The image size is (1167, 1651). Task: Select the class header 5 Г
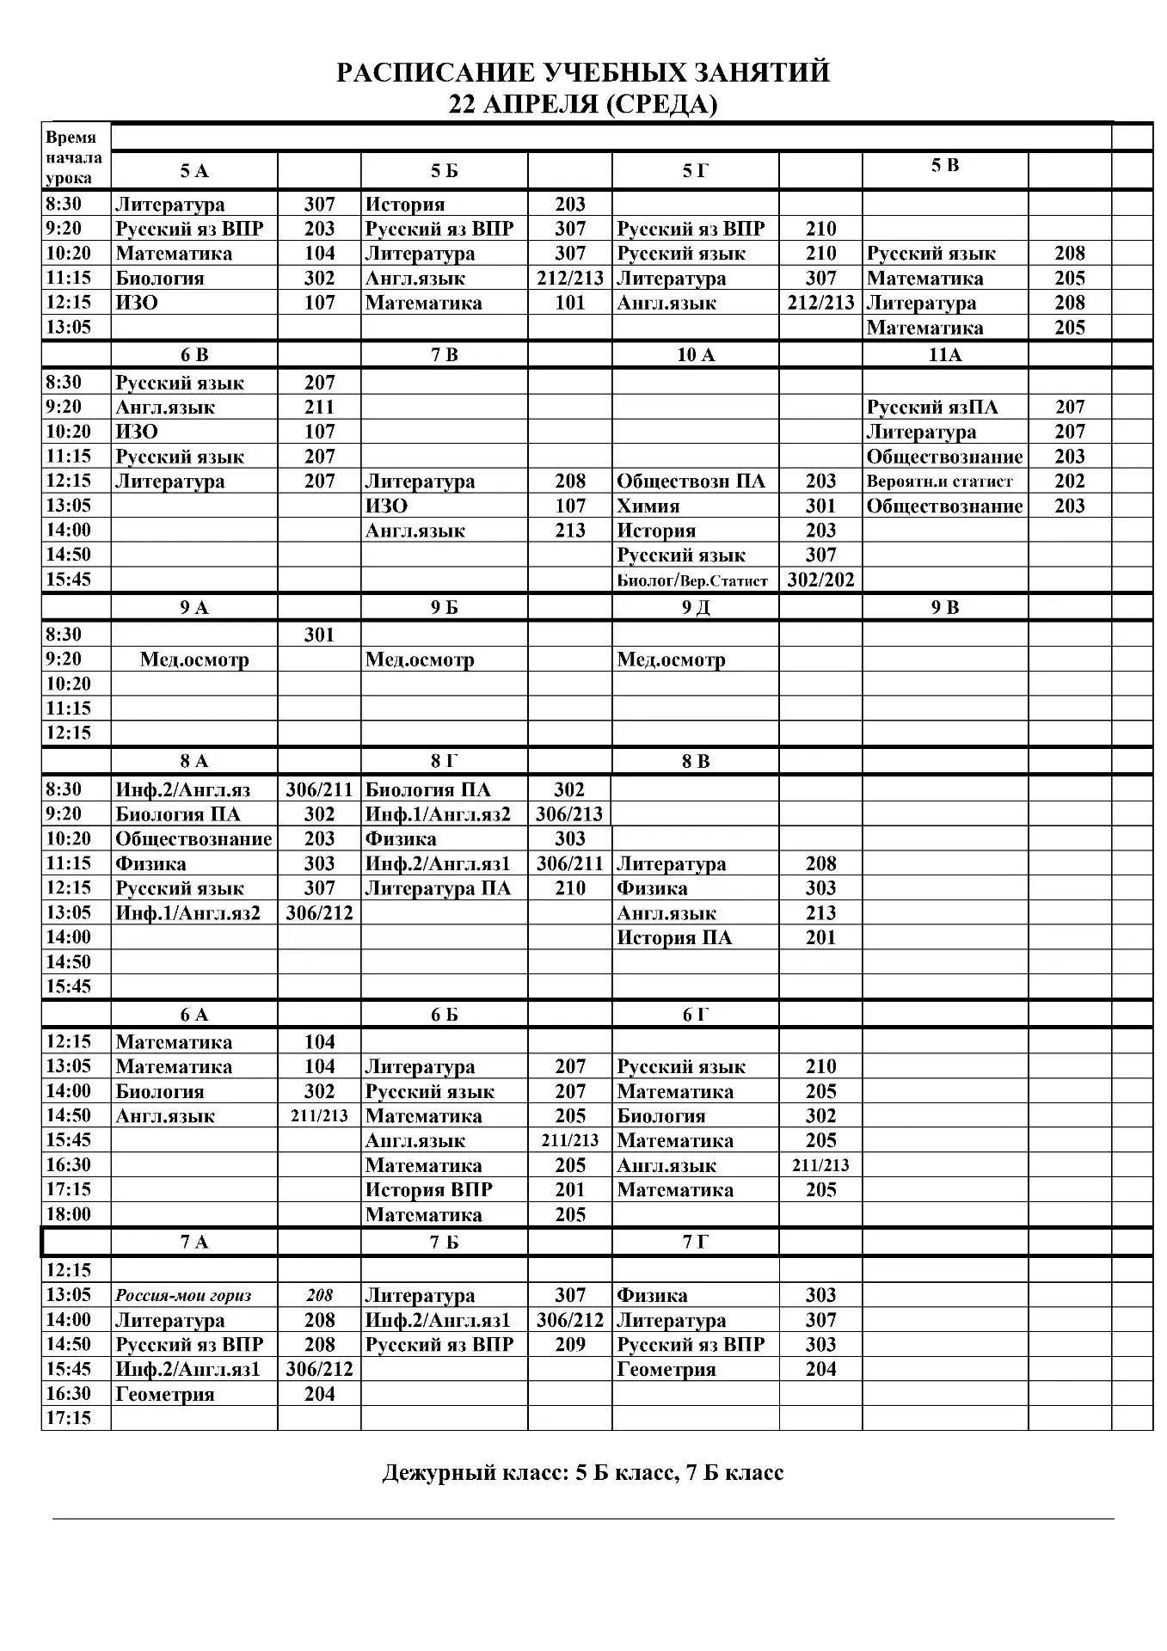pos(695,171)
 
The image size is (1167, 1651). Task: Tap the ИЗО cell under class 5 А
pos(137,303)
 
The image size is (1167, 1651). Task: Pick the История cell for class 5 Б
pos(405,205)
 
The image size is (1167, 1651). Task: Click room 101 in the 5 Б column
pos(569,303)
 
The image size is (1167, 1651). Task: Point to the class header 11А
pos(944,355)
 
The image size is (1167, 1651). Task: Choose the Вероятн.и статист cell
pos(939,482)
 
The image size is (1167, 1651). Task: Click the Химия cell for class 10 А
pos(648,506)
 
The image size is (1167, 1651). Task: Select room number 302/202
pos(820,580)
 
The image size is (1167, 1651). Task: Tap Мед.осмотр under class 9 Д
pos(671,660)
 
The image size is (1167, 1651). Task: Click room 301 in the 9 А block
pos(319,635)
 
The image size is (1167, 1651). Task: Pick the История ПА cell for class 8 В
pos(674,937)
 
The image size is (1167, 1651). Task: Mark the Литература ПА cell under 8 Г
pos(438,888)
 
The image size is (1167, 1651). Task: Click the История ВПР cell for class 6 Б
pos(428,1190)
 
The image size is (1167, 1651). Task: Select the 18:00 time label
pos(68,1214)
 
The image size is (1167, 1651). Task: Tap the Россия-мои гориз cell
pos(183,1296)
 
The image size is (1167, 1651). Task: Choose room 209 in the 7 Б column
pos(569,1345)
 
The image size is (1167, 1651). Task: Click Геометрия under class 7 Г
pos(666,1369)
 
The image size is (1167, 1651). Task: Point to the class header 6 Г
pos(695,1015)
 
